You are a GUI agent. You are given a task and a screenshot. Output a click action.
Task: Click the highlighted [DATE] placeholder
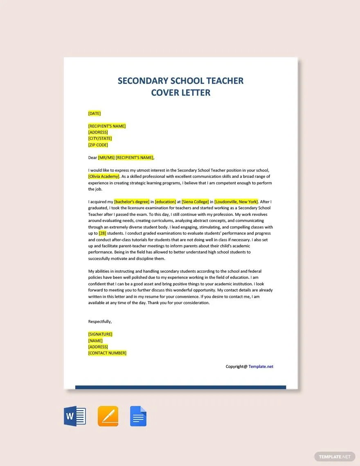(94, 113)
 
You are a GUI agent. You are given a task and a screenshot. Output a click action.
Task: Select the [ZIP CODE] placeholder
(98, 145)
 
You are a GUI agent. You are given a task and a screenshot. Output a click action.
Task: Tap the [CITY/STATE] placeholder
(100, 139)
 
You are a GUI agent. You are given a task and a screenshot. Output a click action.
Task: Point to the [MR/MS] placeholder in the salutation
(106, 157)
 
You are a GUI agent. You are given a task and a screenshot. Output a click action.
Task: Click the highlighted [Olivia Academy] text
(104, 176)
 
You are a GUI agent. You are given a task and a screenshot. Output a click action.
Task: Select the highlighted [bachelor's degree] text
(132, 202)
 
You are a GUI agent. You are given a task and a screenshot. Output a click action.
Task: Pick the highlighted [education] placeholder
(165, 202)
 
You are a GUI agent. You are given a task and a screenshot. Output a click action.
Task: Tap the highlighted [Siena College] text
(195, 202)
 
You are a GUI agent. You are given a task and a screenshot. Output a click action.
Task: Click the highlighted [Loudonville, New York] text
(236, 202)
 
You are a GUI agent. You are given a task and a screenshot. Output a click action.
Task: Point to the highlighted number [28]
(102, 233)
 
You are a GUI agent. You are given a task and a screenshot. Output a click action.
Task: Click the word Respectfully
(100, 322)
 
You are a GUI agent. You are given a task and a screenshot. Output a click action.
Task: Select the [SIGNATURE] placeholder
(100, 334)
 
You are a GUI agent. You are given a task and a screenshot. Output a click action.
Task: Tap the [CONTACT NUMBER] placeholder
(107, 353)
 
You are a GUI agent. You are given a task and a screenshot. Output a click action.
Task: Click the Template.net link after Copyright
(261, 367)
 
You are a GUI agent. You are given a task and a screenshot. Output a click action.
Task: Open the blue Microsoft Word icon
(75, 417)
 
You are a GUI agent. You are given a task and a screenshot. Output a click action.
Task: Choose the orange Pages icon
(108, 417)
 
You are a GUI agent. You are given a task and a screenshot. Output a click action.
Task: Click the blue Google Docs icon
(138, 417)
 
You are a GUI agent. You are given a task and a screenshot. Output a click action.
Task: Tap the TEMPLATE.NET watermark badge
(335, 457)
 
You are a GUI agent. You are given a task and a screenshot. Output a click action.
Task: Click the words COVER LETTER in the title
(181, 93)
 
